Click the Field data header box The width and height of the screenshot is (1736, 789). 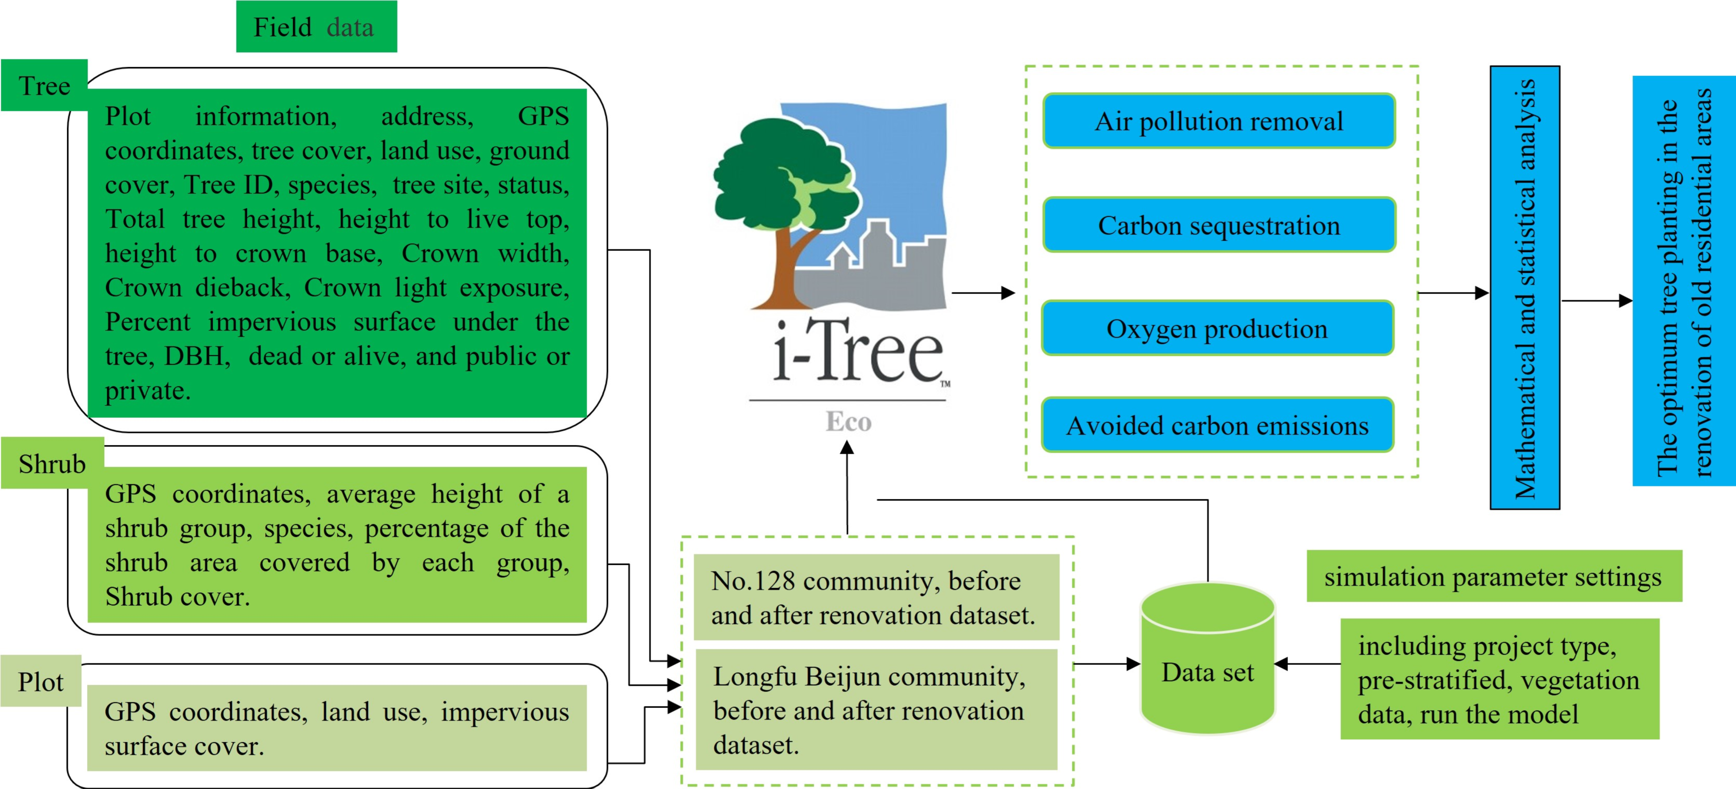click(316, 27)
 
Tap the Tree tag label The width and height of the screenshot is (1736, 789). click(45, 86)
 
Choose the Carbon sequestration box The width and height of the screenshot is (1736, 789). click(1218, 225)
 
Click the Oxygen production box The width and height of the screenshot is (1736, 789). click(1217, 329)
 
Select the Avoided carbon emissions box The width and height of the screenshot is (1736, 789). click(1217, 425)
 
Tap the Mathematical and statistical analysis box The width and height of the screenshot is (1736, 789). click(1524, 288)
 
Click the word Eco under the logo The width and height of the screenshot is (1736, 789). click(849, 422)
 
